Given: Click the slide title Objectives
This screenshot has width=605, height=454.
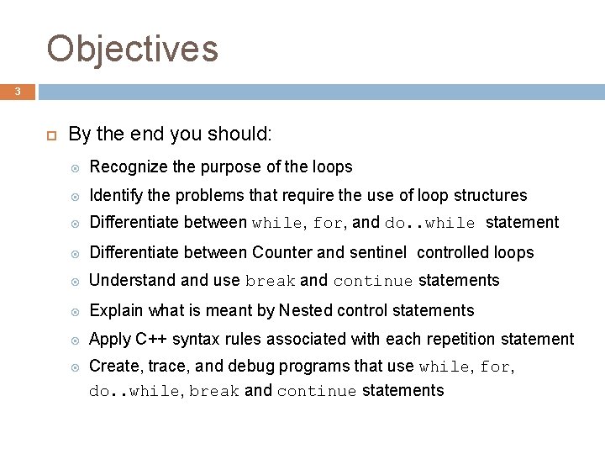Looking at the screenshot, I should pyautogui.click(x=133, y=49).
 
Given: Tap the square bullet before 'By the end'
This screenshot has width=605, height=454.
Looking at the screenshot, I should pyautogui.click(x=50, y=134).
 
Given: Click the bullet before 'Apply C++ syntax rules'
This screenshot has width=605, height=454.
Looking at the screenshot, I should pyautogui.click(x=75, y=340).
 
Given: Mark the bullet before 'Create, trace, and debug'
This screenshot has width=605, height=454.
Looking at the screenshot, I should pyautogui.click(x=75, y=367).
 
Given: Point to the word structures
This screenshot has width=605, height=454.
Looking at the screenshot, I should pyautogui.click(x=491, y=195).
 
